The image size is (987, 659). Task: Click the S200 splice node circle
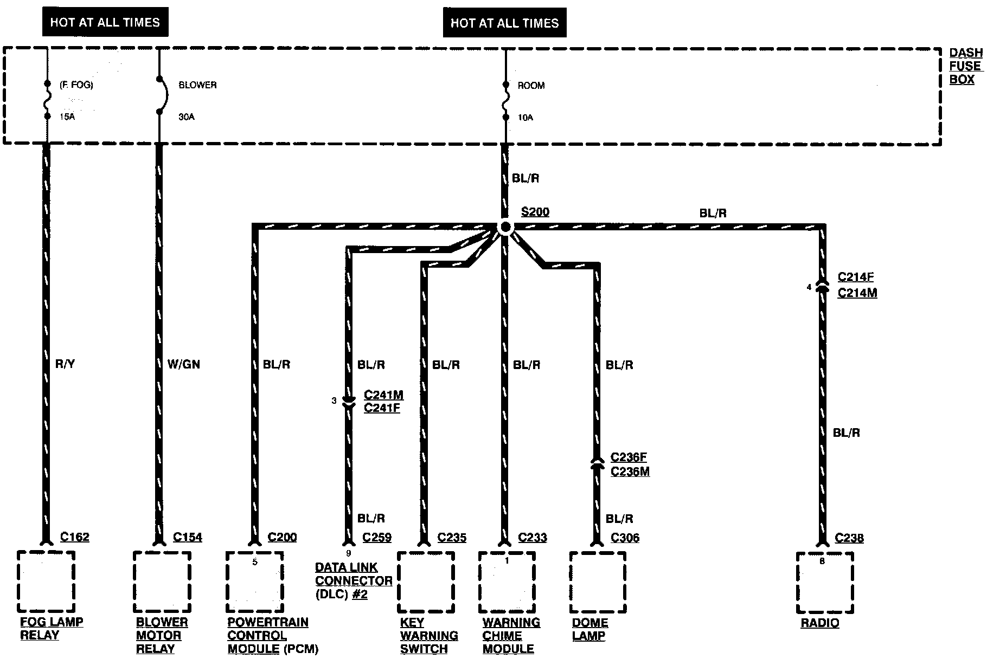505,227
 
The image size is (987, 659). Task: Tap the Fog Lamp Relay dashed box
46,582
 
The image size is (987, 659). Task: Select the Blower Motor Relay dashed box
162,582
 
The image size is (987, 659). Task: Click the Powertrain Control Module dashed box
255,582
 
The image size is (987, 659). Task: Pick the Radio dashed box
825,583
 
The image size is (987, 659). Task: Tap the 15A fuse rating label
68,117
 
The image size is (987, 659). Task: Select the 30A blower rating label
187,117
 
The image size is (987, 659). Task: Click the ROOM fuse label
531,86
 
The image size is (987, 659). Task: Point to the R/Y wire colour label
65,364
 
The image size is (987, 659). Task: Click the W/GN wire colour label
183,364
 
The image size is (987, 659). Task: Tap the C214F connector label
856,277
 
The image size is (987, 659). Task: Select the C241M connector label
384,395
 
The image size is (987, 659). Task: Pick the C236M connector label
630,471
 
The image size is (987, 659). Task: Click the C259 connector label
377,538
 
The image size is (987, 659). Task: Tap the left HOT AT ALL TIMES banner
105,22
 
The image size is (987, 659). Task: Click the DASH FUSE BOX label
965,66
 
